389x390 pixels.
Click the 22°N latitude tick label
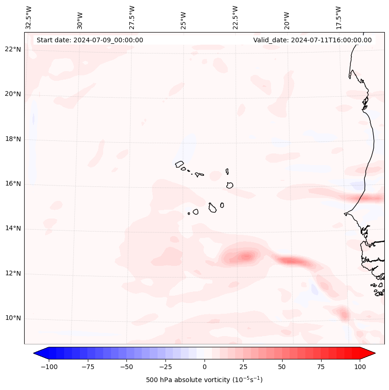13,50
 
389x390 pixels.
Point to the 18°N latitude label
13,139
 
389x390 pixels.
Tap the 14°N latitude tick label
13,229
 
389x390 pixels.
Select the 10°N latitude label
13,318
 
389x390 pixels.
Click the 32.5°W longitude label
29,18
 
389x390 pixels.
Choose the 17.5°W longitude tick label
338,18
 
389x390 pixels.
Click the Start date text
90,40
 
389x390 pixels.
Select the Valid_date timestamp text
312,40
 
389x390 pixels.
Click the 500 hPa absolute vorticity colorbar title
204,380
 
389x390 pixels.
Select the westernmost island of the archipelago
179,164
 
